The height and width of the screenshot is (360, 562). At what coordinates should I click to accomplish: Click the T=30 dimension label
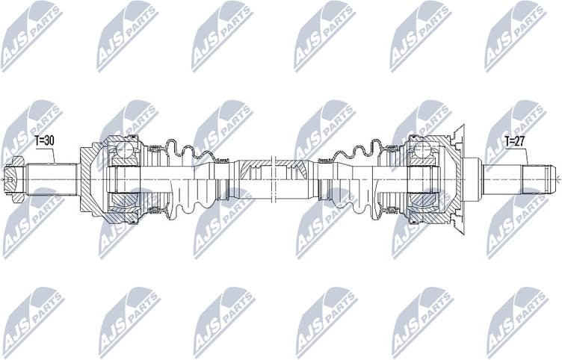click(x=43, y=140)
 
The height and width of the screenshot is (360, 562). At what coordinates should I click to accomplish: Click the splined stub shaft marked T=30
click(x=52, y=178)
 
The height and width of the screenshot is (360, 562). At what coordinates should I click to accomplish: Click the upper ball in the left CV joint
click(x=124, y=153)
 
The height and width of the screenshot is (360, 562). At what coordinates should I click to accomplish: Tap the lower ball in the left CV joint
click(x=124, y=202)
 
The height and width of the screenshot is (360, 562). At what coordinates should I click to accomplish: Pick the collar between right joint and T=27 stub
click(x=471, y=178)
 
